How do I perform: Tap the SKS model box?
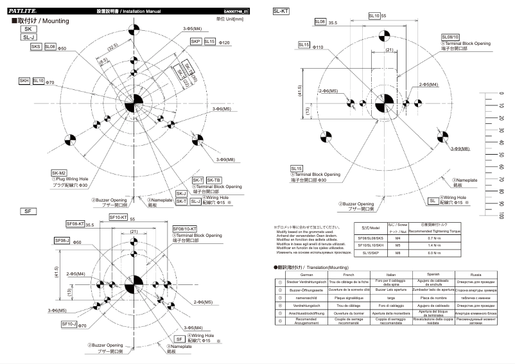click(x=36, y=47)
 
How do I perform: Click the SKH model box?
click(x=24, y=81)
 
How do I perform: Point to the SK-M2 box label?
click(x=58, y=173)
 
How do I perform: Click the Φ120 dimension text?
click(x=225, y=42)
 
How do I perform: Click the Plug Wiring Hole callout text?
click(x=71, y=179)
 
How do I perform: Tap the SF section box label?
click(x=26, y=211)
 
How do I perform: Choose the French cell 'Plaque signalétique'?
click(x=347, y=299)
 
